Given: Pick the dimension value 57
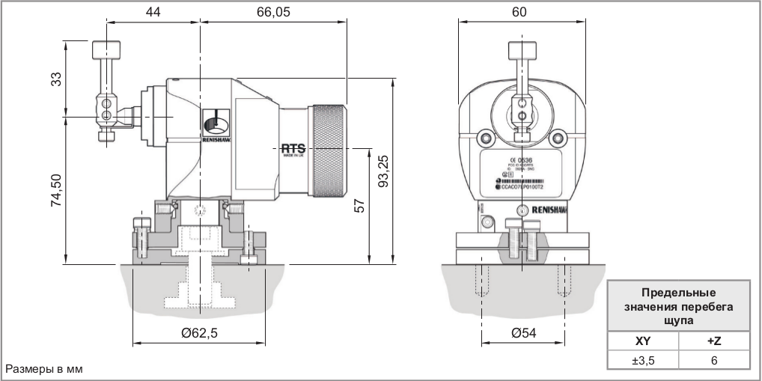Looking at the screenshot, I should coord(359,205).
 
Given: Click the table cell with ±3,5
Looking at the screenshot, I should coord(644,360).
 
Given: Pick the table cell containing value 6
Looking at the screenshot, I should coord(713,360).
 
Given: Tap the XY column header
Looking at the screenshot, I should coord(644,341).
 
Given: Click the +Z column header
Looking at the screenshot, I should coord(713,341).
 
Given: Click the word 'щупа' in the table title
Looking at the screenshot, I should coord(679,319).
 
